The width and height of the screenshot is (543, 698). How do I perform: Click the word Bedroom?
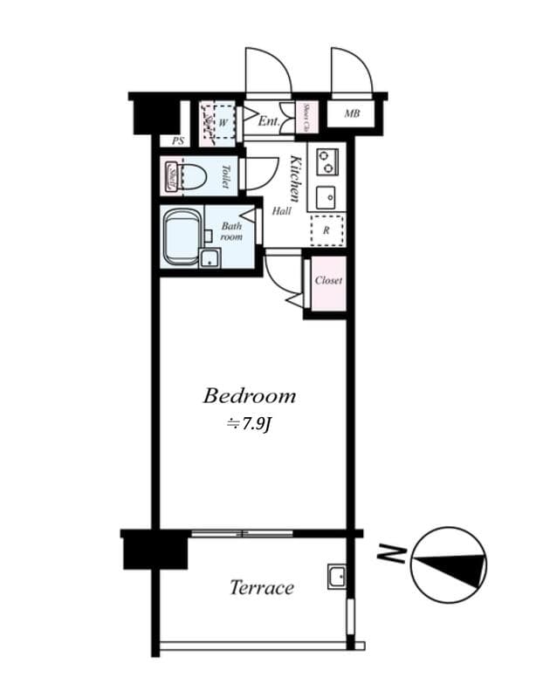tap(249, 396)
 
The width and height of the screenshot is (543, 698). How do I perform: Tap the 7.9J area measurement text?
tap(251, 426)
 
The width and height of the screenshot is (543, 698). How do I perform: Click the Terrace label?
tap(261, 587)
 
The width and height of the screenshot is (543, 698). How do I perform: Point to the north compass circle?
tap(448, 565)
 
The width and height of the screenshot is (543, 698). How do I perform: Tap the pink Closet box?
tap(328, 281)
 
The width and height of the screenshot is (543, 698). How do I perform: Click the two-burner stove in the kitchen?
tap(326, 161)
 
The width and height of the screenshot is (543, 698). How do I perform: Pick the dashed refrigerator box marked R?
tap(326, 230)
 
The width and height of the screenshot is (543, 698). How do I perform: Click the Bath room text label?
tap(230, 231)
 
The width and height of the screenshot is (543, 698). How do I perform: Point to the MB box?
tap(352, 114)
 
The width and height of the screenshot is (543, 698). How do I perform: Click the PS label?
tap(178, 140)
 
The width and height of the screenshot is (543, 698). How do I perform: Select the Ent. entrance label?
tap(268, 122)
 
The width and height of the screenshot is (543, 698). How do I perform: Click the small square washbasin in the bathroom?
tap(210, 257)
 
